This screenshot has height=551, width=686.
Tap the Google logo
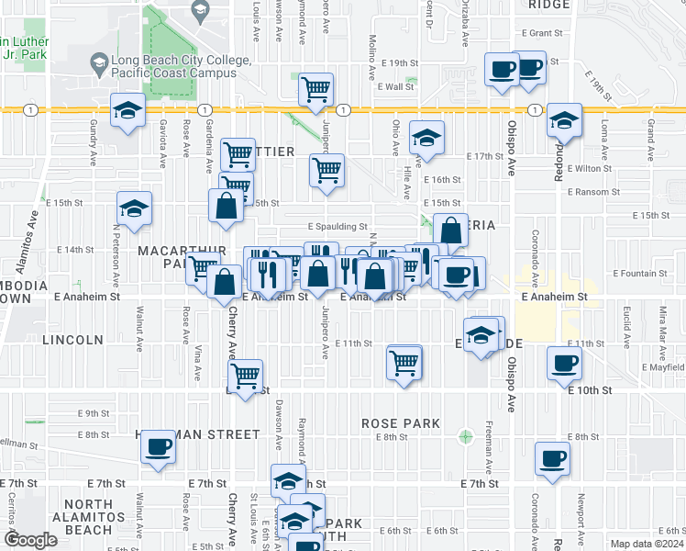click(x=31, y=540)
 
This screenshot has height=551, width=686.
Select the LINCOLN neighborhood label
click(x=72, y=340)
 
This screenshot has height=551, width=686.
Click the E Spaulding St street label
click(x=337, y=226)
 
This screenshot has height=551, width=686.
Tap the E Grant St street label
click(x=541, y=32)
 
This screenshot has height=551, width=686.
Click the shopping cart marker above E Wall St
click(x=315, y=90)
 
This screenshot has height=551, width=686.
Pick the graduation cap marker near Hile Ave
click(x=426, y=139)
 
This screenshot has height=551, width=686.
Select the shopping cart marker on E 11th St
click(x=404, y=362)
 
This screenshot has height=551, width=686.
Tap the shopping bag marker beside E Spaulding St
click(x=450, y=231)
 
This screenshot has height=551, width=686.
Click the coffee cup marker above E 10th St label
click(x=564, y=364)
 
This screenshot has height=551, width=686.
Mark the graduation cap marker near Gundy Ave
click(x=128, y=112)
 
